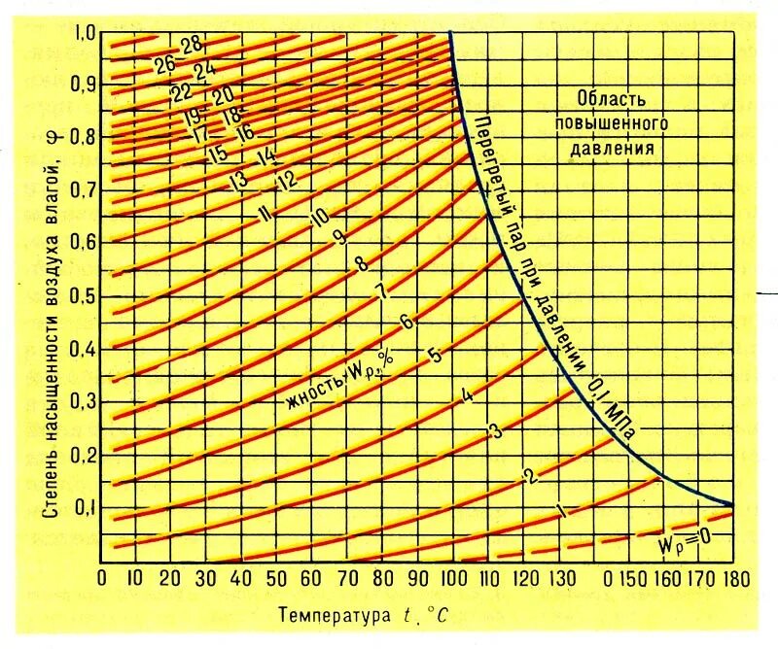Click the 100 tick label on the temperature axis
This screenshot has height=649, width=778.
click(450, 580)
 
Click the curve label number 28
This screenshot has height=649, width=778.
click(191, 44)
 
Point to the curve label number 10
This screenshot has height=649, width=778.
click(318, 219)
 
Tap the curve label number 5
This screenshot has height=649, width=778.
click(435, 356)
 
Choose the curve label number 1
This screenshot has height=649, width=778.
click(560, 511)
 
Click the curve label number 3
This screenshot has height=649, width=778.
click(494, 431)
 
